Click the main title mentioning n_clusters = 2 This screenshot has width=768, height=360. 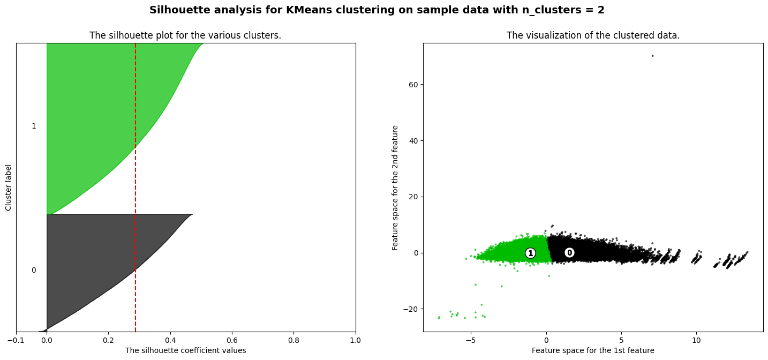(377, 10)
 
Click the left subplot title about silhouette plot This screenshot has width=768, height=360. (185, 35)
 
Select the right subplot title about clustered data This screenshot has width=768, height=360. (593, 35)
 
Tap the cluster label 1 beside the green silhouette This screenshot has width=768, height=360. (34, 126)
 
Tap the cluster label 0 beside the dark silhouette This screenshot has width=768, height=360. (34, 270)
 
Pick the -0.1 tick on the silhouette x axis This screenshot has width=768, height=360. (16, 340)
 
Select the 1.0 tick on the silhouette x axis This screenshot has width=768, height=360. (356, 340)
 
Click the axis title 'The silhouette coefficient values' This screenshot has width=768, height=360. (185, 350)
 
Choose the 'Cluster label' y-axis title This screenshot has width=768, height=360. (8, 187)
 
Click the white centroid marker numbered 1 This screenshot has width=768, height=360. (530, 253)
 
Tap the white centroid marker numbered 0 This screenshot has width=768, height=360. (569, 253)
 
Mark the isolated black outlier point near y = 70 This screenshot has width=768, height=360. (652, 56)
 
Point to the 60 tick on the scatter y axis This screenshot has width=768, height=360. (413, 85)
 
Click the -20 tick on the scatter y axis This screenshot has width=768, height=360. (411, 309)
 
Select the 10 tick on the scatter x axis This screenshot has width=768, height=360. (696, 340)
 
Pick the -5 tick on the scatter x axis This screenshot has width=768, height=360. (470, 340)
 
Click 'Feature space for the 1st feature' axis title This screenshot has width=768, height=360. (593, 350)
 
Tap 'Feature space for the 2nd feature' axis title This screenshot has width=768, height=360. (396, 187)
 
